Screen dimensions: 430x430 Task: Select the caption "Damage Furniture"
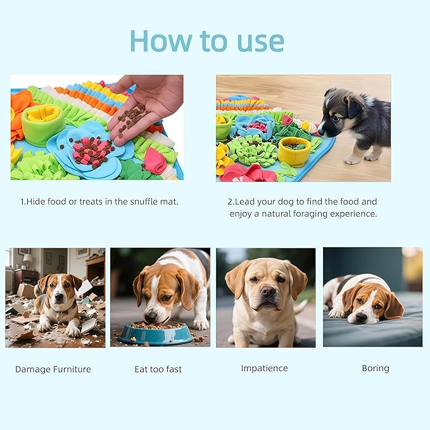(x=53, y=369)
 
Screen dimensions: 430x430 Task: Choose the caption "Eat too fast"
(x=159, y=369)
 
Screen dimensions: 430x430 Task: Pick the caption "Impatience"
(x=264, y=368)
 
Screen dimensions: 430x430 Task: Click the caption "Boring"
(x=376, y=368)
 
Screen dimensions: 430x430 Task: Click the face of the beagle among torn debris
(x=57, y=292)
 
